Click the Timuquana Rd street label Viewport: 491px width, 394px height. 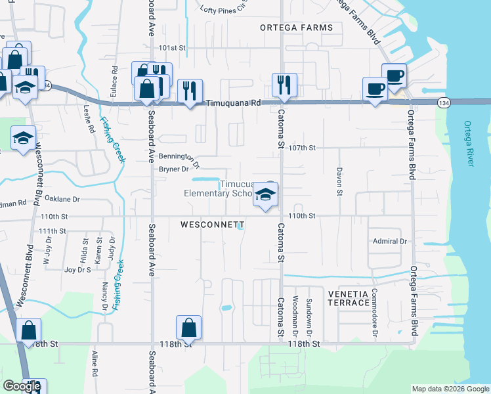pos(234,103)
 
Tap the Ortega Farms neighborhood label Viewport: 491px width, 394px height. pos(296,28)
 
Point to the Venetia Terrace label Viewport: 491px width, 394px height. pos(348,297)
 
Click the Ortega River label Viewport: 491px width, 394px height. pos(468,143)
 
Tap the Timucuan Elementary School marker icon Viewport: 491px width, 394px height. pos(265,195)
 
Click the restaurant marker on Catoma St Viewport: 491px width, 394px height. pos(284,85)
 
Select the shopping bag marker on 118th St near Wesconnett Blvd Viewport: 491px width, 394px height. pos(28,330)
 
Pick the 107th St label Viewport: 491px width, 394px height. pos(302,148)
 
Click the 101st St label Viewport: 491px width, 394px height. pos(173,48)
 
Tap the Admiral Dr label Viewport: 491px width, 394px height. pos(389,241)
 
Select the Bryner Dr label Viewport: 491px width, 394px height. pos(174,169)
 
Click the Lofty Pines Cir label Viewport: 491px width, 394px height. pos(226,9)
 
